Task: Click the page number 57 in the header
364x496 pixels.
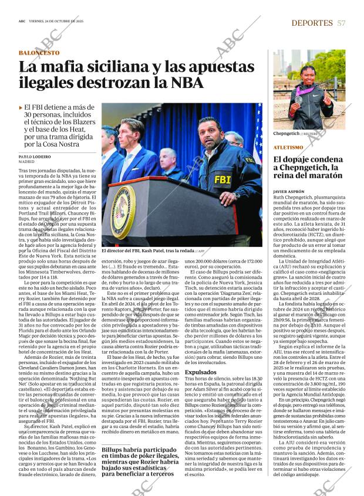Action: point(341,23)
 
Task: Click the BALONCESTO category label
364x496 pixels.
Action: point(39,53)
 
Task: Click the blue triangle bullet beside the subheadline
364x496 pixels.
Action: point(21,108)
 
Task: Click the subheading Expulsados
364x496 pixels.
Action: point(201,372)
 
